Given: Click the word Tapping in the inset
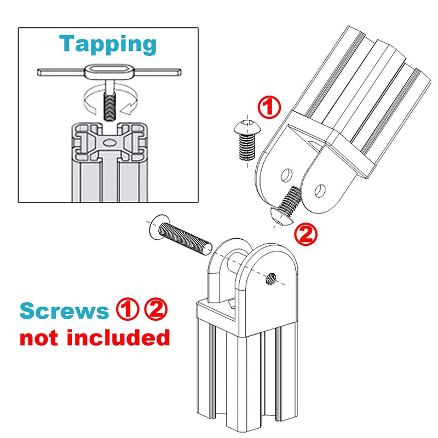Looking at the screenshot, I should click(x=107, y=44).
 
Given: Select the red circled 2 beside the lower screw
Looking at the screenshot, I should click(x=306, y=234).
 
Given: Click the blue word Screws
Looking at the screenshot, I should click(x=64, y=311).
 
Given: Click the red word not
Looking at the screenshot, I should click(x=41, y=337).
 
